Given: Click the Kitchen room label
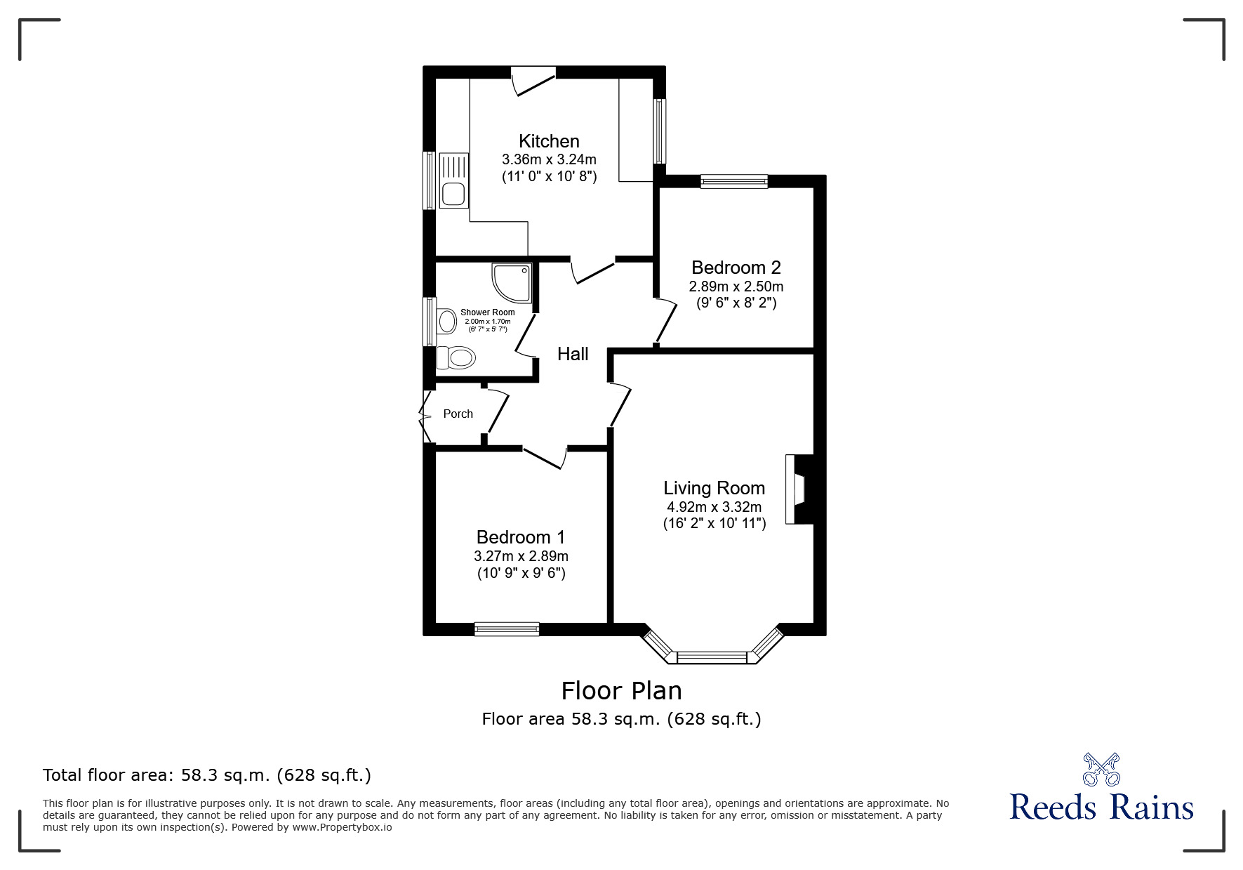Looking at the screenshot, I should point(549,140).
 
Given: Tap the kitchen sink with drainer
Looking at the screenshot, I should point(453,180).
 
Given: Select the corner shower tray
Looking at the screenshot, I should point(511,282).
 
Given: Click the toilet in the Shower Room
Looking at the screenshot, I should point(456,358).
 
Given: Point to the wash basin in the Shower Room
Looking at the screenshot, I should point(446,322).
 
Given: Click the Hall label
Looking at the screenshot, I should point(573,354).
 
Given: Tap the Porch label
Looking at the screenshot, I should point(458,414).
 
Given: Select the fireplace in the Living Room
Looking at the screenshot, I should point(799,489).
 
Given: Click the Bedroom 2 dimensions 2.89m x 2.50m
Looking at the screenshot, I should point(736,286).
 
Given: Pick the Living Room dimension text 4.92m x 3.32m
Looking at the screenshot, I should point(714,507).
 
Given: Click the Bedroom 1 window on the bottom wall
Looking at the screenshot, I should point(507,629).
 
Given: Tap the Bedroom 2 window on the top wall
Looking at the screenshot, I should point(734,181).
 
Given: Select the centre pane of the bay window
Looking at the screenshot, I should point(712,658).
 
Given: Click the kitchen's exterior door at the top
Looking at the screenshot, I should point(533,79).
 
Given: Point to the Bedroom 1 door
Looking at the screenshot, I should point(545,456).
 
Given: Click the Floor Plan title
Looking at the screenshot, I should point(621,691).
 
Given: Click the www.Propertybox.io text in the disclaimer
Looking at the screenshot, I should point(342,827).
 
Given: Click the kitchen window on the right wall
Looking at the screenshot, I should point(659,131).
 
